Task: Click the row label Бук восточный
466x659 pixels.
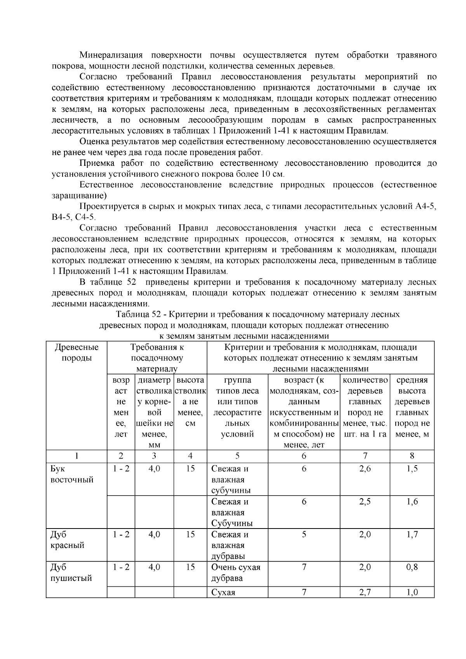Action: (x=72, y=474)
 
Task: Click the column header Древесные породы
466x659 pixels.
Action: (x=77, y=352)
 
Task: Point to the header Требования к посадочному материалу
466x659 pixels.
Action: (x=157, y=358)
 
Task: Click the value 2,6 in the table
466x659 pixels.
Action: (x=365, y=469)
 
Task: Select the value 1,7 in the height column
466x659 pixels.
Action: (x=412, y=534)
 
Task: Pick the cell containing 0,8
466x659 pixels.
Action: (x=412, y=567)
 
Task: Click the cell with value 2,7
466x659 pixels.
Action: (x=365, y=593)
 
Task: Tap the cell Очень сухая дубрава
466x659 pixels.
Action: (x=236, y=573)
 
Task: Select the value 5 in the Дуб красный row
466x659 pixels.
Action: (x=304, y=534)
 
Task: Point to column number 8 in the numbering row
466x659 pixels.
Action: (x=412, y=456)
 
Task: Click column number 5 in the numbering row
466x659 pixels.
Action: (x=237, y=456)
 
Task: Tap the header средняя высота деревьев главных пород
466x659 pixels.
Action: (x=412, y=407)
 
